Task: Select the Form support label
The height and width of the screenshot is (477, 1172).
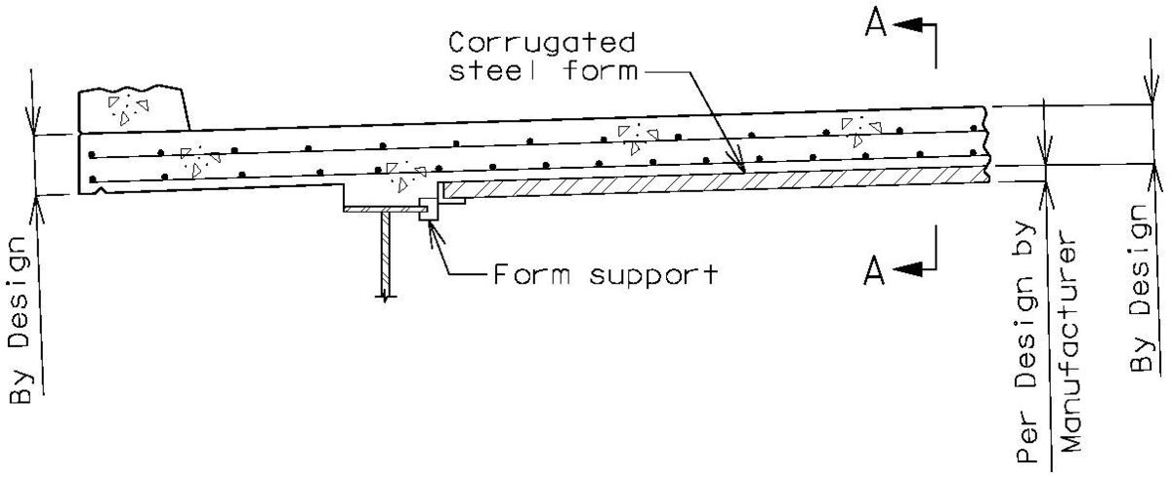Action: click(x=604, y=273)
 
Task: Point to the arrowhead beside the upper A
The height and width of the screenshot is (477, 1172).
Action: click(x=907, y=26)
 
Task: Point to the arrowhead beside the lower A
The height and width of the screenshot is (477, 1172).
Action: click(x=907, y=269)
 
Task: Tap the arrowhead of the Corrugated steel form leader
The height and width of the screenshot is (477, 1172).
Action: click(x=742, y=169)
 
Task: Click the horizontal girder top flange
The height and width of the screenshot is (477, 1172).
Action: click(x=381, y=208)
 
